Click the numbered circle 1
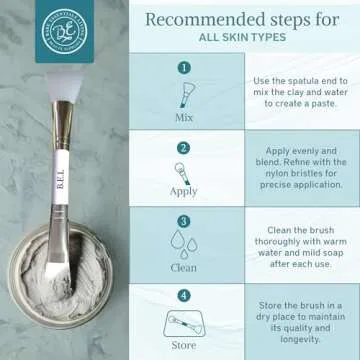tap(183, 68)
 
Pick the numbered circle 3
tap(183, 221)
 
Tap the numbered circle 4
tap(183, 296)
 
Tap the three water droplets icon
tap(183, 245)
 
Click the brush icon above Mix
tap(183, 94)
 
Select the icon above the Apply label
tap(183, 169)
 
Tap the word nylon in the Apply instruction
tap(290, 170)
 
